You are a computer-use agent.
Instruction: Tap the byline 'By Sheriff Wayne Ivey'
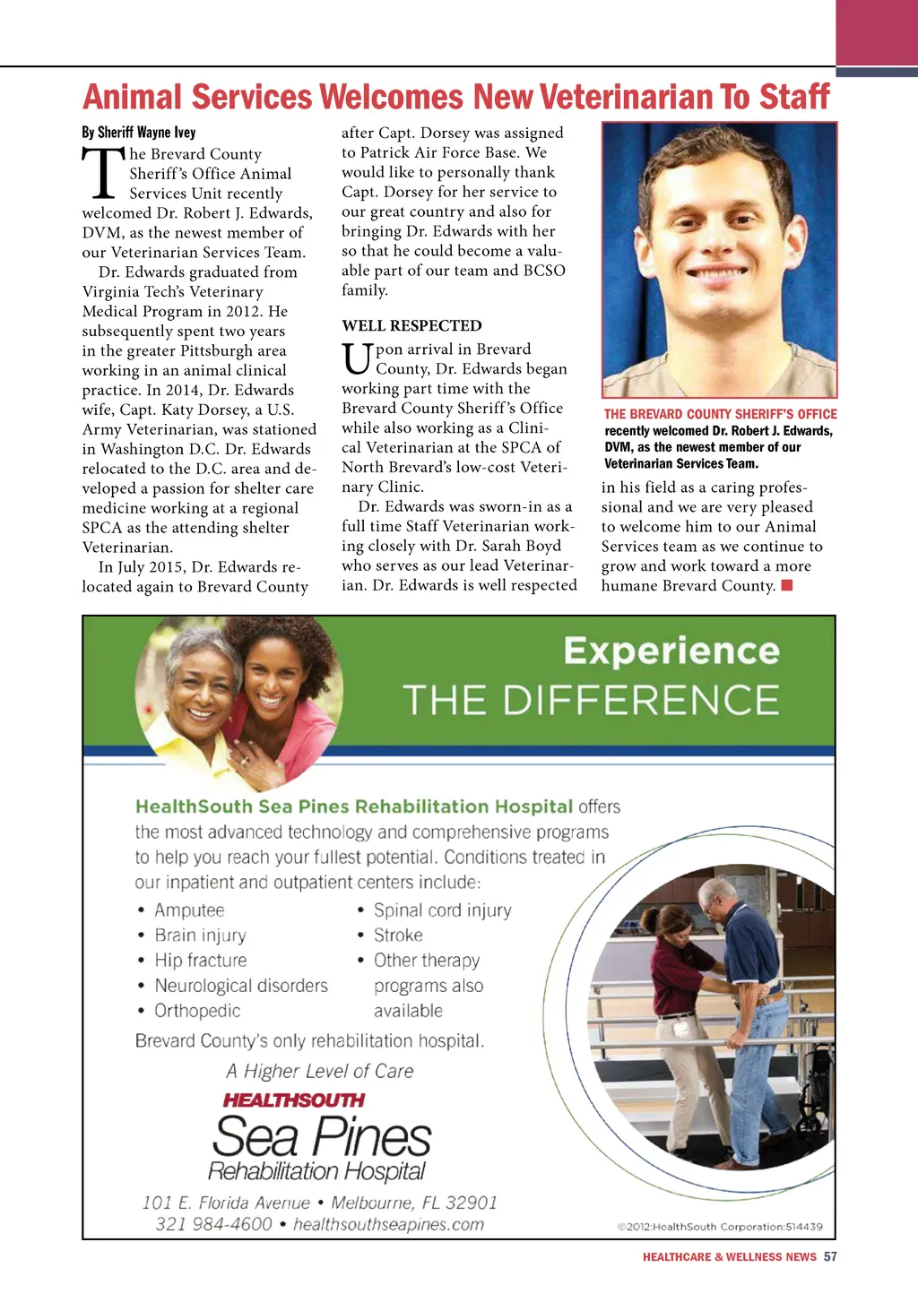pyautogui.click(x=139, y=133)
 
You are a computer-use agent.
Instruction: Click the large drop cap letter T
pyautogui.click(x=102, y=173)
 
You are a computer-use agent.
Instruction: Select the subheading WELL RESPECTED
pyautogui.click(x=411, y=325)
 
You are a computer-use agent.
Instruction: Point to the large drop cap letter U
pyautogui.click(x=357, y=358)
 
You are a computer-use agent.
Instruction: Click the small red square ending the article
pyautogui.click(x=787, y=586)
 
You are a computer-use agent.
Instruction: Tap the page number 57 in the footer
pyautogui.click(x=830, y=1256)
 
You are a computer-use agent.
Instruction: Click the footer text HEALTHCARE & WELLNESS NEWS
pyautogui.click(x=729, y=1257)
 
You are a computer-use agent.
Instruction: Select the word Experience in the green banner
pyautogui.click(x=671, y=651)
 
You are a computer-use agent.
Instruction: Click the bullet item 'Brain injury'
pyautogui.click(x=200, y=936)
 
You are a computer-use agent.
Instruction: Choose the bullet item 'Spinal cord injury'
pyautogui.click(x=442, y=910)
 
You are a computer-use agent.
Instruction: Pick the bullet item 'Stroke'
pyautogui.click(x=398, y=936)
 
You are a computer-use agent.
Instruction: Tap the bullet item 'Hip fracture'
pyautogui.click(x=200, y=961)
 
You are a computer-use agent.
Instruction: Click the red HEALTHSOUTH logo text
pyautogui.click(x=293, y=1100)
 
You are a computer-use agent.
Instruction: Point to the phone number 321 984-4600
pyautogui.click(x=213, y=1224)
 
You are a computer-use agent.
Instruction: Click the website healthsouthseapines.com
pyautogui.click(x=388, y=1224)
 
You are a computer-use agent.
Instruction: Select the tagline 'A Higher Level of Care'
pyautogui.click(x=319, y=1072)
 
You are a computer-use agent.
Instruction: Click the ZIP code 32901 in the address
pyautogui.click(x=471, y=1203)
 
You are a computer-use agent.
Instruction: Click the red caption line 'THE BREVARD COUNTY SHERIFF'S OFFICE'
pyautogui.click(x=720, y=414)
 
